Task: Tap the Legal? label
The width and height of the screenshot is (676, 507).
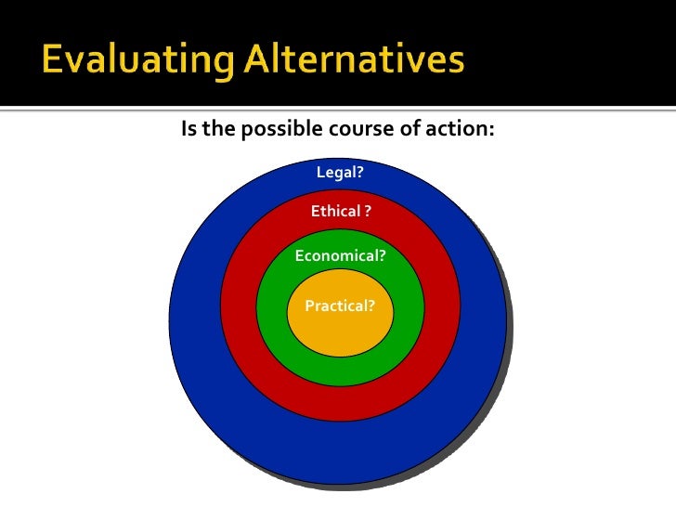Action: [340, 173]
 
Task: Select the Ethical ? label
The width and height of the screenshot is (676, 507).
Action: [341, 212]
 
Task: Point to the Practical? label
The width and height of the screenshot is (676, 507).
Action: [340, 305]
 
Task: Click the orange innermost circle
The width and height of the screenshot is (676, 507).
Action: [340, 330]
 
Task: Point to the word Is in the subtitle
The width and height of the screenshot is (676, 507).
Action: [188, 128]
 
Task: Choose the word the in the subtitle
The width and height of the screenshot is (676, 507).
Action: [219, 128]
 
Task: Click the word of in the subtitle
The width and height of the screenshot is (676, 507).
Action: [409, 128]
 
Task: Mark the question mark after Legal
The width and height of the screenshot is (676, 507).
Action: [359, 173]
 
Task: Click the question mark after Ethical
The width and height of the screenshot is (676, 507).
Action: [368, 212]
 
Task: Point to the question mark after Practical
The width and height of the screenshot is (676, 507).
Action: [371, 305]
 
